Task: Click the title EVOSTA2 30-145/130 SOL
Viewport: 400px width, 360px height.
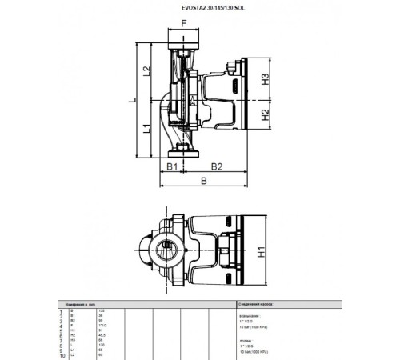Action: [199, 10]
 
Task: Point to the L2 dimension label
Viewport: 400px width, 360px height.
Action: [148, 72]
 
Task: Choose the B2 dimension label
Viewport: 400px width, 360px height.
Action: [215, 166]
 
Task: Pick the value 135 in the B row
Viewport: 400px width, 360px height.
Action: [102, 310]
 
